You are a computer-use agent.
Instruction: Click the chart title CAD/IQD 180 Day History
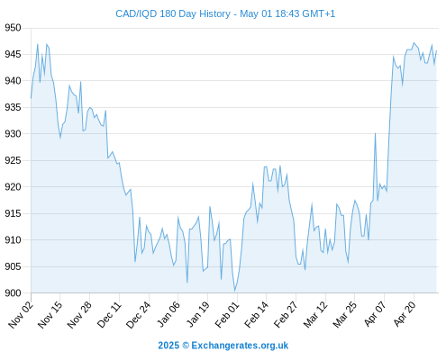(173, 13)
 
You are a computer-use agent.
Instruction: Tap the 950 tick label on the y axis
(13, 28)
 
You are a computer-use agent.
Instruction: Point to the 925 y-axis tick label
(13, 160)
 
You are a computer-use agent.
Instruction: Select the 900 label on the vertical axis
(13, 293)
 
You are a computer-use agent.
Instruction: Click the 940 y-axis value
(13, 81)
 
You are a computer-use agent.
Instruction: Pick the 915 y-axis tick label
(13, 213)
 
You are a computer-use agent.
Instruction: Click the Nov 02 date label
(21, 315)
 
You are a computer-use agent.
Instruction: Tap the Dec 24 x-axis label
(139, 315)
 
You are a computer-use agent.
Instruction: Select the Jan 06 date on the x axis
(168, 315)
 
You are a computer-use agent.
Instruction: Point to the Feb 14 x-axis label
(256, 315)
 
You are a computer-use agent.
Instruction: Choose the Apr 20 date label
(405, 314)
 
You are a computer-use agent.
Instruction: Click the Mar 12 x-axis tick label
(315, 315)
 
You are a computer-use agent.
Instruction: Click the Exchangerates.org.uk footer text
(240, 346)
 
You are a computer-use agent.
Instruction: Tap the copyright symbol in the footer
(186, 346)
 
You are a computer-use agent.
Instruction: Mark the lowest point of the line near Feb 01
(235, 291)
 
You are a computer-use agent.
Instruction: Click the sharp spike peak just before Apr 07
(375, 133)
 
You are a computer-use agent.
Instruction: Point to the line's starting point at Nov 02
(31, 98)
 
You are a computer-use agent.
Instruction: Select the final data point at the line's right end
(436, 50)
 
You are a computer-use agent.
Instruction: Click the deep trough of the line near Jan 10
(187, 283)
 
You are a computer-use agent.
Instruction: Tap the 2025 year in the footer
(168, 346)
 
